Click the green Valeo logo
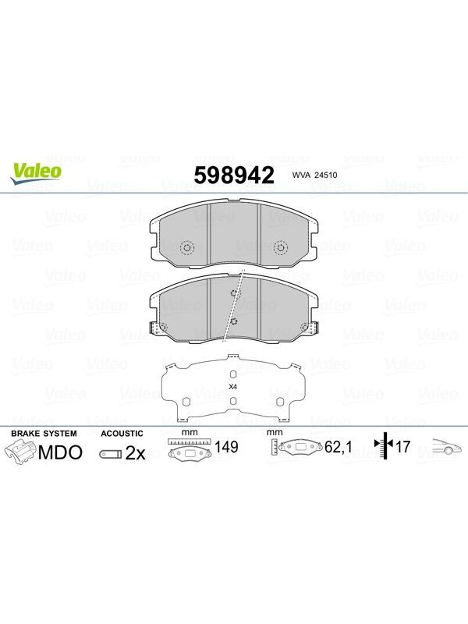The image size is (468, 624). click(x=36, y=174)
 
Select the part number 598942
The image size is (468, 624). click(x=234, y=175)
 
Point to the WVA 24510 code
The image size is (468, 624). click(x=314, y=175)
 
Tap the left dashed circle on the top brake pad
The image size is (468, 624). click(x=186, y=248)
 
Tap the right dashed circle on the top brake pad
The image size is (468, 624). click(x=281, y=248)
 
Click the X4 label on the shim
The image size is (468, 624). click(x=233, y=386)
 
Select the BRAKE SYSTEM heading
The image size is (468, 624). click(x=44, y=434)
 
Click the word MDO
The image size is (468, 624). click(x=60, y=452)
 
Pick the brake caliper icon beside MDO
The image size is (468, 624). click(x=20, y=453)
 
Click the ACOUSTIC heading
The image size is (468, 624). click(x=122, y=434)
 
